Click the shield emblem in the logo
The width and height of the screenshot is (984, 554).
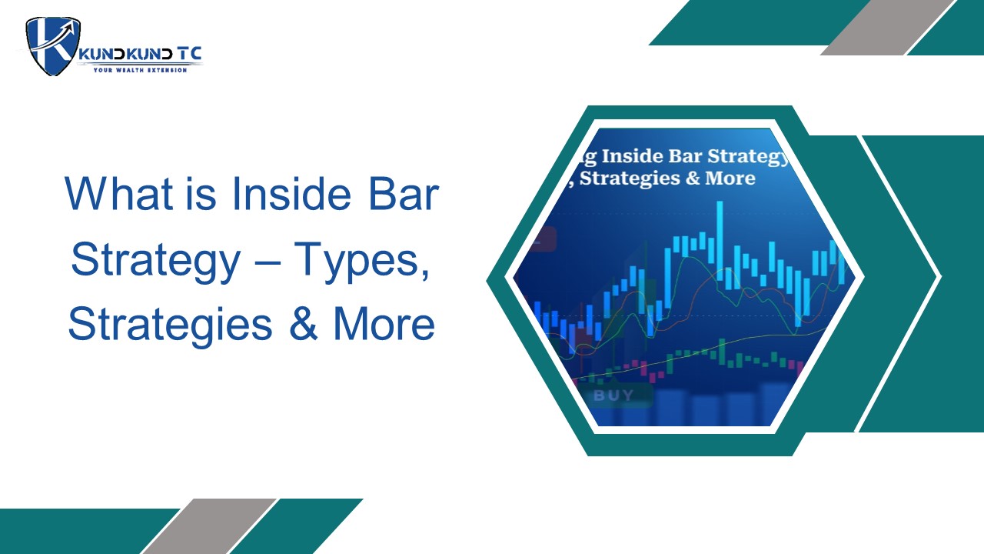53,46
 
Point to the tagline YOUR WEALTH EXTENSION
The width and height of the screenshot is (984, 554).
140,70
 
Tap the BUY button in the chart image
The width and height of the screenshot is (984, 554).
613,395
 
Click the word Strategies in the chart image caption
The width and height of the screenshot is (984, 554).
630,178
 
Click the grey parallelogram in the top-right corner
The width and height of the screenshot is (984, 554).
887,27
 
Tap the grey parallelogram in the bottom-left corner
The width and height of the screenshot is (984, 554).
209,526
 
